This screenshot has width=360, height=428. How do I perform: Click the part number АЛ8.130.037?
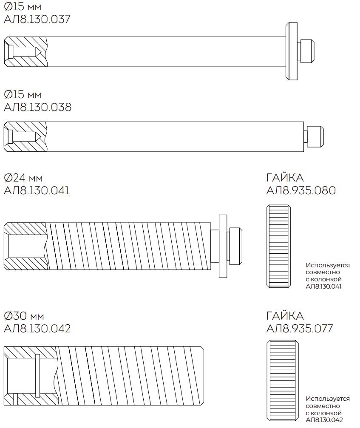coord(37,19)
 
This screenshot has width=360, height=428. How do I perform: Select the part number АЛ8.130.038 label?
coord(37,107)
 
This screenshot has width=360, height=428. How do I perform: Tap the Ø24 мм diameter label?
coord(23,178)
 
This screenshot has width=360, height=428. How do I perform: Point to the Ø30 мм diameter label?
coord(24,316)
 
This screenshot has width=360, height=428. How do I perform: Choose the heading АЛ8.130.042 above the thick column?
coord(37,329)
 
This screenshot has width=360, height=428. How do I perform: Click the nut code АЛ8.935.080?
coord(301,190)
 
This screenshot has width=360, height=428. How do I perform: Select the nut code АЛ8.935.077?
coord(300,329)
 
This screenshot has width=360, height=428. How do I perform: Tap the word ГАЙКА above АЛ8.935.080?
coord(285,178)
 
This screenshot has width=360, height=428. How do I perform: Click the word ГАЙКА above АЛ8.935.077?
coord(285,316)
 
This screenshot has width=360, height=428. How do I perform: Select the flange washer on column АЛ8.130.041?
coord(223,246)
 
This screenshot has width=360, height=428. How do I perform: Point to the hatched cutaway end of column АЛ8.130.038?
coord(26,137)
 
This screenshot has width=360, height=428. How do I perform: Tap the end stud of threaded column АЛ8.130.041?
coord(236,246)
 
